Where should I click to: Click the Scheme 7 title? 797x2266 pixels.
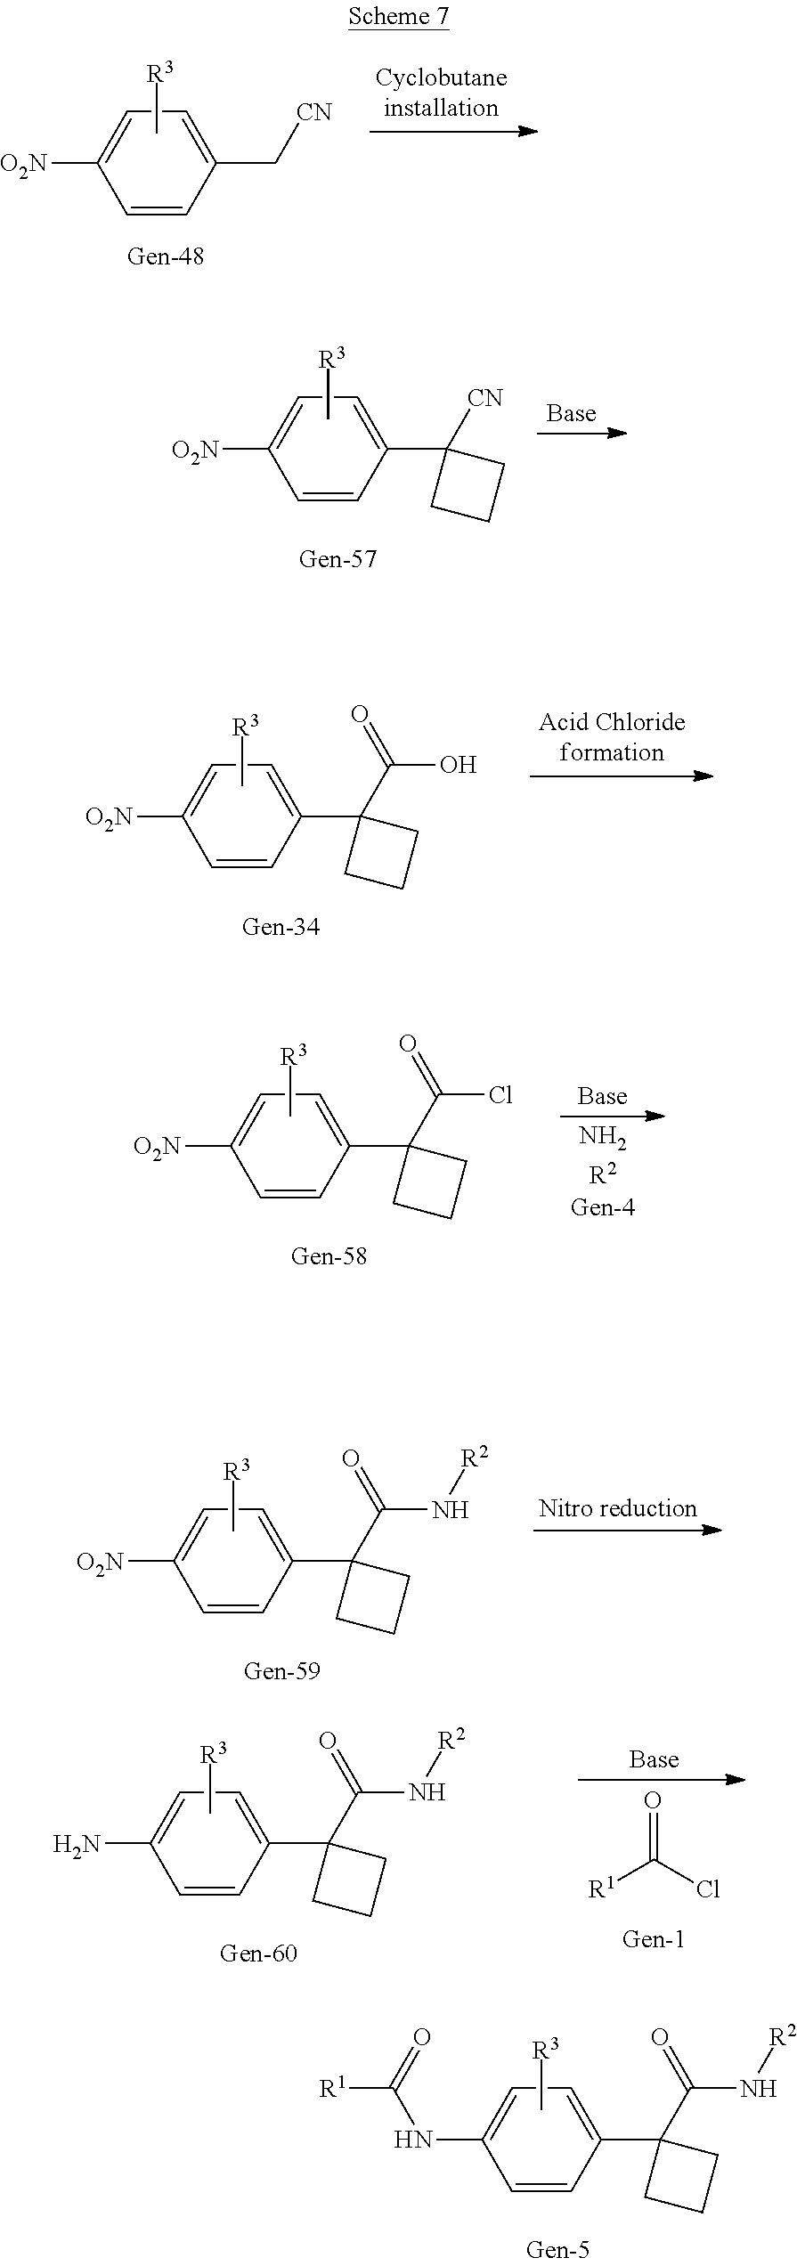tap(398, 16)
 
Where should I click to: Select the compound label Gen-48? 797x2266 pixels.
tap(166, 256)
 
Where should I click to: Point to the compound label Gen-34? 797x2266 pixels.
tap(281, 927)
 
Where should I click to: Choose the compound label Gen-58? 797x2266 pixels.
tap(329, 1256)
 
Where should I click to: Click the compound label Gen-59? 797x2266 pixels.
tap(281, 1670)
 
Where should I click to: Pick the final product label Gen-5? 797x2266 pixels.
tap(557, 2249)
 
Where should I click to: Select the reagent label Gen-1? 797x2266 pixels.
tap(653, 1939)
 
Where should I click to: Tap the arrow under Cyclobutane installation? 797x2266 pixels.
tap(453, 132)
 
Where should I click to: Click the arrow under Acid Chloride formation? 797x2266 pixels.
tap(621, 776)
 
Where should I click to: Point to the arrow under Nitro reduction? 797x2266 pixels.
tap(627, 1531)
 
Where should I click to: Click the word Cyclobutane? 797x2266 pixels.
tap(441, 78)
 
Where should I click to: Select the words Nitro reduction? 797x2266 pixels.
tap(617, 1508)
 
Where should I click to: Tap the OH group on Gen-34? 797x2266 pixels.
tap(458, 765)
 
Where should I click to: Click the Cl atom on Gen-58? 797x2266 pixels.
tap(500, 1095)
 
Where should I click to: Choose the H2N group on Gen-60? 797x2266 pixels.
tap(77, 1844)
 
